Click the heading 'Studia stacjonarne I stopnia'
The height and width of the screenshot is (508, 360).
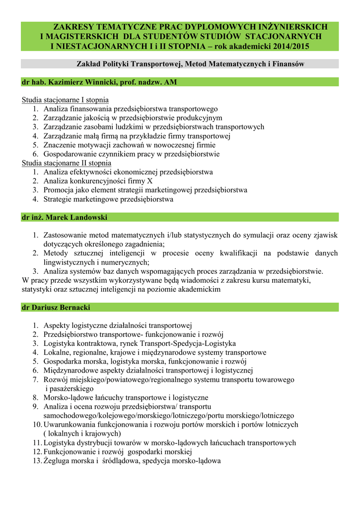click(65, 100)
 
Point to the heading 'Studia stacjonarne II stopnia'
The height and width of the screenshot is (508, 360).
click(67, 163)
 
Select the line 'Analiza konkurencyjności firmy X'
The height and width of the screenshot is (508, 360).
click(98, 181)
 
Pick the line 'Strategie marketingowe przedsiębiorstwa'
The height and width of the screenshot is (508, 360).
click(108, 199)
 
